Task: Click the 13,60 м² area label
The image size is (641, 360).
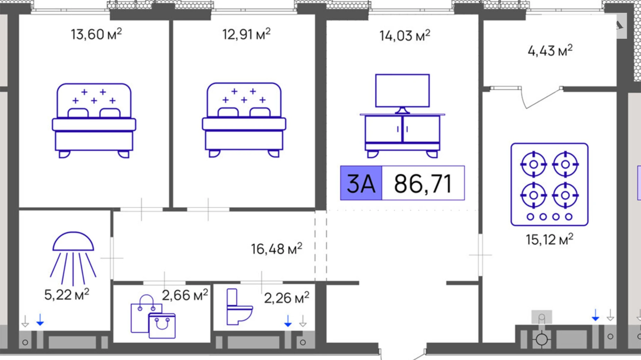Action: coord(96,35)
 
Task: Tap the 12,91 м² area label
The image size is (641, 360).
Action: coord(246,35)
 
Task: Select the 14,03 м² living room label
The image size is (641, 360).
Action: coord(405,36)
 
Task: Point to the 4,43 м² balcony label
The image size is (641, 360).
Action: coord(550,51)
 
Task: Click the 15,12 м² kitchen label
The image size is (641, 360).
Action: coord(550,240)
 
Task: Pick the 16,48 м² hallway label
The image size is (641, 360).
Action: coord(276,249)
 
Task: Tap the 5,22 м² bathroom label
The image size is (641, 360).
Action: coord(67,295)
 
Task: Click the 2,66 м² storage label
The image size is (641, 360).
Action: coord(185,295)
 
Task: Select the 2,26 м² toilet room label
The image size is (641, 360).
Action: coord(286,298)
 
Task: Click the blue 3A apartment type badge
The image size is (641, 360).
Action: coord(361,183)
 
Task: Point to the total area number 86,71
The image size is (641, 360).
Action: coord(423,183)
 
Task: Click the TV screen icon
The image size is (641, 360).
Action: coord(402,91)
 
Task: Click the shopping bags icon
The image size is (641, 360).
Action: coord(153,317)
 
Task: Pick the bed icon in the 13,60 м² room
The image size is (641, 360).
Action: coord(94,120)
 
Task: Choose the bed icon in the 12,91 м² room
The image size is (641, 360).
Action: coord(244,120)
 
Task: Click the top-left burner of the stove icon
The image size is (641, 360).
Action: coord(534,164)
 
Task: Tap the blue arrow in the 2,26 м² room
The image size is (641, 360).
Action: coord(288,321)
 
